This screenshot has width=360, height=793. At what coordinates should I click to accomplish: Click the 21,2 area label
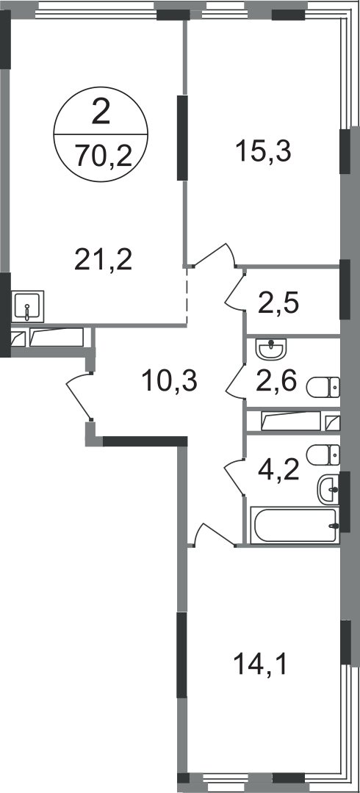(x=103, y=260)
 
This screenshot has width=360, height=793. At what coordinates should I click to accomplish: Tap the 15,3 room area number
(x=263, y=151)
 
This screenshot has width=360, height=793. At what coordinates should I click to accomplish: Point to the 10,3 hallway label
(x=169, y=380)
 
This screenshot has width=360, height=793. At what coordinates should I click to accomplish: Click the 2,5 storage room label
(x=278, y=303)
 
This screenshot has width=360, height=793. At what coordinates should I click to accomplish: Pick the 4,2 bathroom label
(x=278, y=471)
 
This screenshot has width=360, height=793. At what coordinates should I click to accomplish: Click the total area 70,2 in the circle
(x=104, y=155)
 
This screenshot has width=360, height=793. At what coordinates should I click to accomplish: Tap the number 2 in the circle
(x=101, y=112)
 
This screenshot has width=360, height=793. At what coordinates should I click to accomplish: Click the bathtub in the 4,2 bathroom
(x=295, y=526)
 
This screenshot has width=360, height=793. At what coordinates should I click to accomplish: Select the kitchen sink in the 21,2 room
(x=27, y=306)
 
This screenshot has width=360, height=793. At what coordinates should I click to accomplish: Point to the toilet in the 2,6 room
(x=323, y=388)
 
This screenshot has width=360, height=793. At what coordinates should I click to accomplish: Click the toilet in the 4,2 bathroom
(x=323, y=455)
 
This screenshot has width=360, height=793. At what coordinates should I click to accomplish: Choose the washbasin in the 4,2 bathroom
(x=328, y=489)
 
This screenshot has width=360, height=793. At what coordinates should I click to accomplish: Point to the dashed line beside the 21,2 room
(x=187, y=295)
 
